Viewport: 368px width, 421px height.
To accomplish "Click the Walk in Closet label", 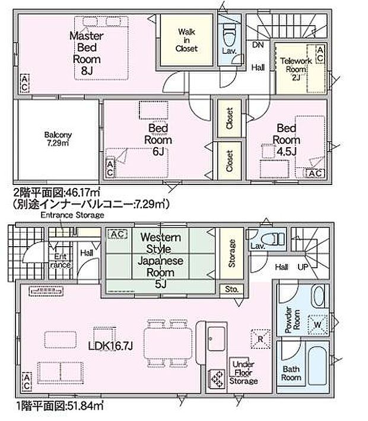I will pos(186,40).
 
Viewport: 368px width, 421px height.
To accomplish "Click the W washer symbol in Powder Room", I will pos(318,324).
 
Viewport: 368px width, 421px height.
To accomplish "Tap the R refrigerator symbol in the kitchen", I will pos(259,337).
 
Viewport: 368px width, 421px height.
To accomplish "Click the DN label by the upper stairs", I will pos(258,45).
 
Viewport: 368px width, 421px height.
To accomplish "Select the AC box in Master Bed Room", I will pos(24,83).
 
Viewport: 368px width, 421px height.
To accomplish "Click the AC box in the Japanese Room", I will pos(116,234).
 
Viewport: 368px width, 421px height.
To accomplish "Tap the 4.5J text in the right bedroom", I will pos(286,151).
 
